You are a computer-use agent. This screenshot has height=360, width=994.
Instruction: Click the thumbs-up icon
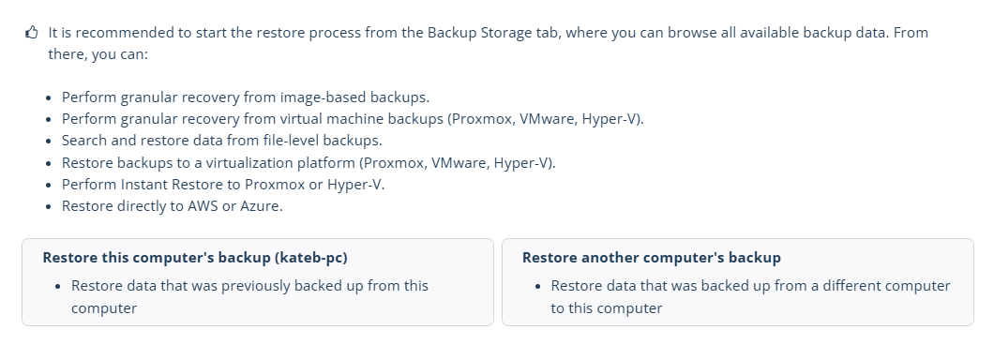click(x=32, y=32)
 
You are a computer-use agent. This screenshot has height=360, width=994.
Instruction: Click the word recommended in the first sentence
click(x=122, y=32)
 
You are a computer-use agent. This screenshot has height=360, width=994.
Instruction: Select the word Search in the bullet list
click(x=83, y=140)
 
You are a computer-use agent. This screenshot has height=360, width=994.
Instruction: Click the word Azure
click(x=261, y=206)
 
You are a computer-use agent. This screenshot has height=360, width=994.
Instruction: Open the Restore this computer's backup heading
click(x=195, y=258)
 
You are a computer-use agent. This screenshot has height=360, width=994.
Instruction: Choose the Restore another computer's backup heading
click(x=651, y=258)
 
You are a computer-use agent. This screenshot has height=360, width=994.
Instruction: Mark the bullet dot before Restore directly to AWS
click(x=49, y=206)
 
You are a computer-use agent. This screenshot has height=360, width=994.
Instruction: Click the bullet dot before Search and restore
click(x=49, y=141)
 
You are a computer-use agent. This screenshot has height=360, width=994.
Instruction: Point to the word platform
click(x=325, y=163)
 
